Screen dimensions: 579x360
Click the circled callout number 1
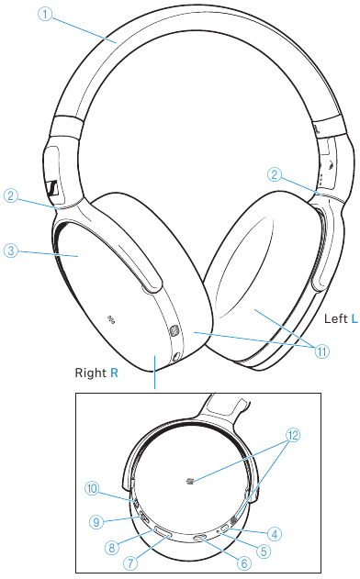43,14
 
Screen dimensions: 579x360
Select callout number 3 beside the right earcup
11,250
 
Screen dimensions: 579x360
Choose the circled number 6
244,563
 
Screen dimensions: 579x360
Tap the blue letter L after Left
354,317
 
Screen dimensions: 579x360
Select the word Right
91,374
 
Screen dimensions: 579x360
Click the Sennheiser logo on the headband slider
54,188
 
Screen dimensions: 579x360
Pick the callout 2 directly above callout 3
11,195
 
